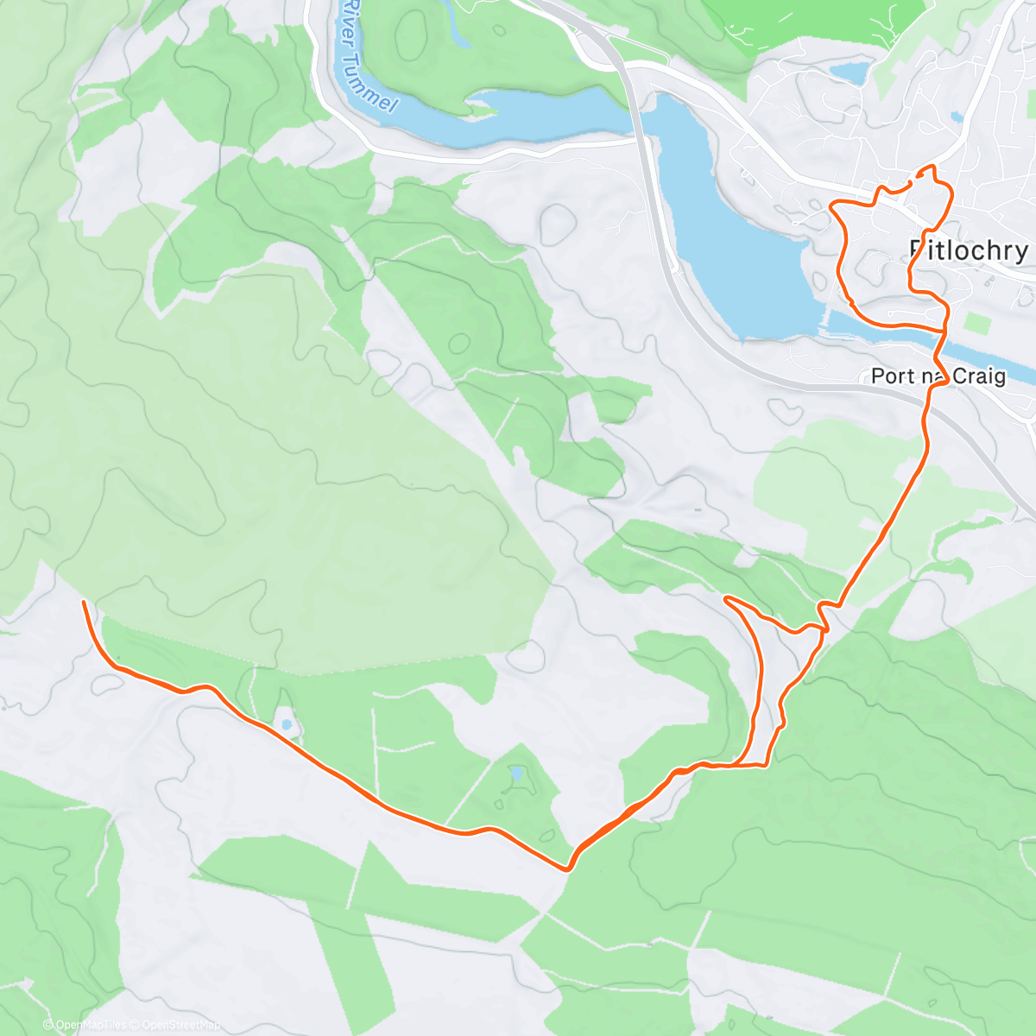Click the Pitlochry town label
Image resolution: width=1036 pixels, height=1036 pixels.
point(969,250)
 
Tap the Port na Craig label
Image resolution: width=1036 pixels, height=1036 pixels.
point(938,376)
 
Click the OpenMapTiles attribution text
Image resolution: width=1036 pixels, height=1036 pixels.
point(91,1025)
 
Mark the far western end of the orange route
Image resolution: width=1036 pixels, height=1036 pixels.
point(83,601)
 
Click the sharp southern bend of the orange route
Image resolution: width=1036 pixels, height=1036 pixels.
point(566,869)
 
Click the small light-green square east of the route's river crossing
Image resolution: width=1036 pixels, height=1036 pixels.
point(978,325)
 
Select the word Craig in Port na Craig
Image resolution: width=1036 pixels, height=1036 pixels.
point(979,376)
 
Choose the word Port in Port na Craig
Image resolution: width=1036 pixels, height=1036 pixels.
point(890,376)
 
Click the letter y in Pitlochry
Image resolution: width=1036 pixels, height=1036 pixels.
point(1020,252)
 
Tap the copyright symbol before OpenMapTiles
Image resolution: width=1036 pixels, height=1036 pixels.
point(49,1025)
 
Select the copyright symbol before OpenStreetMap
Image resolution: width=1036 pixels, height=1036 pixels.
point(135,1025)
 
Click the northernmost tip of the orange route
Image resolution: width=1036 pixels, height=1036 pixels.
point(931,166)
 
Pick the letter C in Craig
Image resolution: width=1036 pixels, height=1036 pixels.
point(958,376)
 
